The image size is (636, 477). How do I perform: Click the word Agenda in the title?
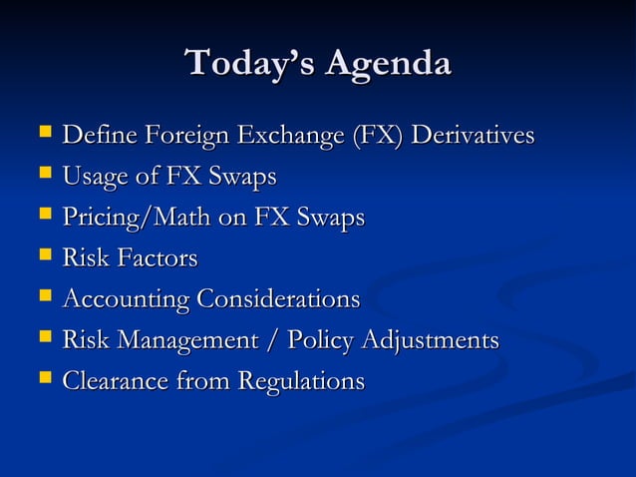click(385, 64)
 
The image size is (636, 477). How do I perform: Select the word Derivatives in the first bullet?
click(474, 135)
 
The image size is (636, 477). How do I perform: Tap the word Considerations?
click(278, 299)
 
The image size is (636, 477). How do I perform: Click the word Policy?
click(320, 340)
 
